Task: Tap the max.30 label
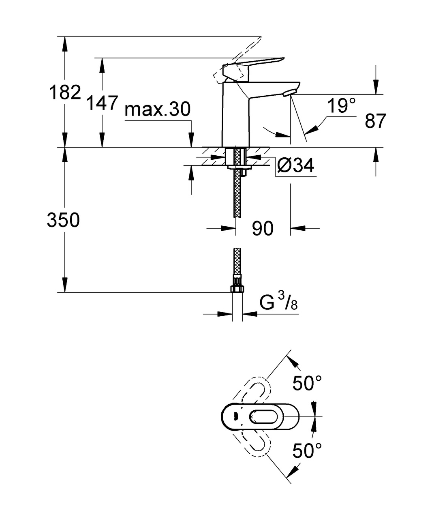tap(157, 109)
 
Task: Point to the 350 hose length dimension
tap(63, 220)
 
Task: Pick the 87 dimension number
tap(375, 121)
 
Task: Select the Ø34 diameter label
tap(296, 165)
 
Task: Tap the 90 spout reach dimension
tap(263, 229)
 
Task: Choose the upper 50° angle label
tap(308, 383)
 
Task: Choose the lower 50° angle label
tap(308, 450)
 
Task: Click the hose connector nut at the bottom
tap(237, 288)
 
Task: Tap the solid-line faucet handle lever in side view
tap(259, 64)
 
